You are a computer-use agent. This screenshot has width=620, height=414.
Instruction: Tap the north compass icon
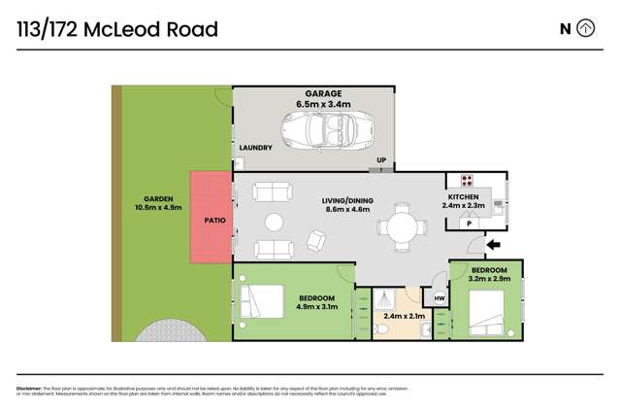[x=586, y=28]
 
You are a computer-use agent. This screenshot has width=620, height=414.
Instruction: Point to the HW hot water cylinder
[x=439, y=298]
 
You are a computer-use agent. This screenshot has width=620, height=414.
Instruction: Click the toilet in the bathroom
[x=384, y=330]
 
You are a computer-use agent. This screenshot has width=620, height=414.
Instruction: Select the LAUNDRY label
[x=255, y=148]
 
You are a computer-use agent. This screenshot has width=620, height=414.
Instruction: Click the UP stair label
[x=381, y=160]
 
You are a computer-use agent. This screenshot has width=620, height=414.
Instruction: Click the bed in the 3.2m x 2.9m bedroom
[x=484, y=312]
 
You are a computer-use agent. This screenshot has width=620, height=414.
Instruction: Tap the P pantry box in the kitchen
[x=470, y=224]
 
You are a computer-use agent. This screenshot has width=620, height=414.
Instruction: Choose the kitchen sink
[x=497, y=204]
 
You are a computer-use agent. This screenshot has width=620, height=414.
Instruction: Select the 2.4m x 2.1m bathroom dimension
[x=404, y=316]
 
